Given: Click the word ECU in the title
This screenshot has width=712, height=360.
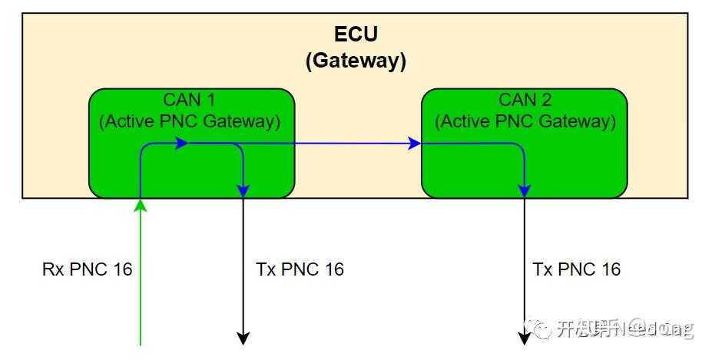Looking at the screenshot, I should [x=356, y=35].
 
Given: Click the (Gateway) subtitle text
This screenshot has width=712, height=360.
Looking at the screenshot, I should [x=356, y=61].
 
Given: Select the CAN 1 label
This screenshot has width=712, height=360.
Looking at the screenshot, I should [x=190, y=100].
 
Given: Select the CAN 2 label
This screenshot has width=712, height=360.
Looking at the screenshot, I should [x=525, y=100].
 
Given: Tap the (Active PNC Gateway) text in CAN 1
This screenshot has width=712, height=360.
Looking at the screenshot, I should [x=190, y=121].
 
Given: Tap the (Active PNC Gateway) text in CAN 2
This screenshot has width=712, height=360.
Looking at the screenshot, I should [x=525, y=121].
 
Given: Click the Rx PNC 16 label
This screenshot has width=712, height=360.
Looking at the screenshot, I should [x=87, y=269].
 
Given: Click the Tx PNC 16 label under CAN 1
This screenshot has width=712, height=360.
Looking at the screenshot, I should [x=300, y=269].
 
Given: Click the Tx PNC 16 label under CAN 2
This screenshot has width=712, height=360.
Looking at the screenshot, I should [x=577, y=269].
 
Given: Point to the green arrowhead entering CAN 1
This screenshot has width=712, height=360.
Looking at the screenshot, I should [x=141, y=203].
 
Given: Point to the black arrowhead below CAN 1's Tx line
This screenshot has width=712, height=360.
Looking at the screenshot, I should [x=243, y=338].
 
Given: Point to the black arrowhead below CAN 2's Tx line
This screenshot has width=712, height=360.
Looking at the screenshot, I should [x=524, y=338].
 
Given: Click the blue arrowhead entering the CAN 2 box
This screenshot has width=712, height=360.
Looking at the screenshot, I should [x=415, y=143].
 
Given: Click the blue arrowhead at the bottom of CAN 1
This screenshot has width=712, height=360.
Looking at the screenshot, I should [x=243, y=190].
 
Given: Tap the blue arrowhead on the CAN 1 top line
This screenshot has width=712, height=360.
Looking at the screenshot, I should [x=182, y=143].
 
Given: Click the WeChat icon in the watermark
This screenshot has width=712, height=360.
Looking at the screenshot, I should [x=543, y=329].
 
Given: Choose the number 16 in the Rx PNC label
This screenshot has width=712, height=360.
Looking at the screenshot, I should [x=121, y=269].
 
